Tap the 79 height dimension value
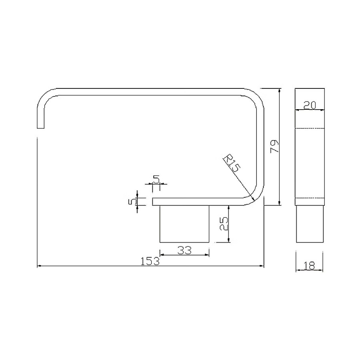(x=274, y=146)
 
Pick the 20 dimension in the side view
(x=310, y=106)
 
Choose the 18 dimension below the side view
(x=310, y=265)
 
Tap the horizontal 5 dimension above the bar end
(x=156, y=178)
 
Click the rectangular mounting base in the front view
(x=184, y=224)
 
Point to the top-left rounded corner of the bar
(x=45, y=96)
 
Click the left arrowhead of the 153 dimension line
(x=38, y=266)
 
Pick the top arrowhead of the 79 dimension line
(x=279, y=89)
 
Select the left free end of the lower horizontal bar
(x=153, y=201)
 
